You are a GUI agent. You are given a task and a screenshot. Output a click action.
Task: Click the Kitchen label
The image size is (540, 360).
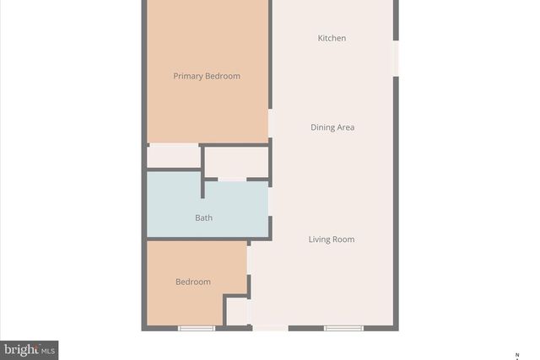(332, 38)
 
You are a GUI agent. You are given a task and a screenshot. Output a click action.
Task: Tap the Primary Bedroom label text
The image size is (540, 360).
(207, 76)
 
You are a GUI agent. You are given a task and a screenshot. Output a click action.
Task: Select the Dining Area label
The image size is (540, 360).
(332, 127)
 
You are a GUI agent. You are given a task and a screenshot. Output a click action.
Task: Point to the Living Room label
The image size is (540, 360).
(331, 239)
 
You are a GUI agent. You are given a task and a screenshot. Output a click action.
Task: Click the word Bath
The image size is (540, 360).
(203, 218)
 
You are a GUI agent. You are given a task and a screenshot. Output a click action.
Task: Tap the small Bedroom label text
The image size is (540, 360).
(193, 282)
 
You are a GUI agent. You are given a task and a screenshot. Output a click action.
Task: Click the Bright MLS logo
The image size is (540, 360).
(30, 349)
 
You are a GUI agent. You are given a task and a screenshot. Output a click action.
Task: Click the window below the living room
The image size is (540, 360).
(343, 328)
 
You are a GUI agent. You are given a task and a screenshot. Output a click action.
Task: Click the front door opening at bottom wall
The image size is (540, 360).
(270, 328)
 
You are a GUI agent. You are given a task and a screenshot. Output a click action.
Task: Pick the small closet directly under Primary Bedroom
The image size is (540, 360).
(174, 157)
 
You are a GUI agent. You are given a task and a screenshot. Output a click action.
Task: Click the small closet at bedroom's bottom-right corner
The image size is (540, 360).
(237, 311)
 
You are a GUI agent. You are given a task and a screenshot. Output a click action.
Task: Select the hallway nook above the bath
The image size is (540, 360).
(237, 161)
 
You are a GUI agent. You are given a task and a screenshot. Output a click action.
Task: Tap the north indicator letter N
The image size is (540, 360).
(517, 352)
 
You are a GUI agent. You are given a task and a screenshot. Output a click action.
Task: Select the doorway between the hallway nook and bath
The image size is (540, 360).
(232, 180)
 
